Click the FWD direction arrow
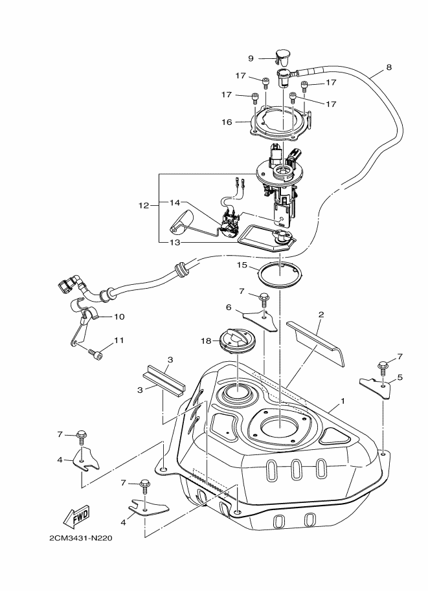tap(76, 517)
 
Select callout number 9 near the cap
tap(251, 58)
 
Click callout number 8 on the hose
tap(389, 67)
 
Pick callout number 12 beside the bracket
tap(144, 205)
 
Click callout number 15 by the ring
tap(242, 265)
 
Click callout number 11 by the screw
tap(118, 339)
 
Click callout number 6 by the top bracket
tap(229, 307)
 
